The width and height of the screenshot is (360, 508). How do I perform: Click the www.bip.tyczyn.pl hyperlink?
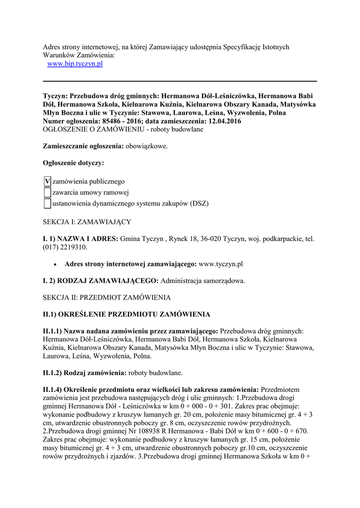[x=74, y=64]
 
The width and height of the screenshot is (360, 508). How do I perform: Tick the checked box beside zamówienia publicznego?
[x=47, y=182]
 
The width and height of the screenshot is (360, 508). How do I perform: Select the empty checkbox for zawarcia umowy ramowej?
[x=47, y=192]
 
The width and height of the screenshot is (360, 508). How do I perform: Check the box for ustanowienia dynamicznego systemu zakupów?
[x=47, y=203]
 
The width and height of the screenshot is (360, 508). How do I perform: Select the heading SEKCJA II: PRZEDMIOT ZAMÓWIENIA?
[x=107, y=298]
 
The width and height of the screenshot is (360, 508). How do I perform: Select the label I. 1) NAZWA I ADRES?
[x=80, y=239]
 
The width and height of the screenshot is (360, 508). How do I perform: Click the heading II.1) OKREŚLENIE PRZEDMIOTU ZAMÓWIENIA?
[x=127, y=315]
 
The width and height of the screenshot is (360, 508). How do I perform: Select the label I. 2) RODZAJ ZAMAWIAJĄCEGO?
[x=101, y=281]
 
